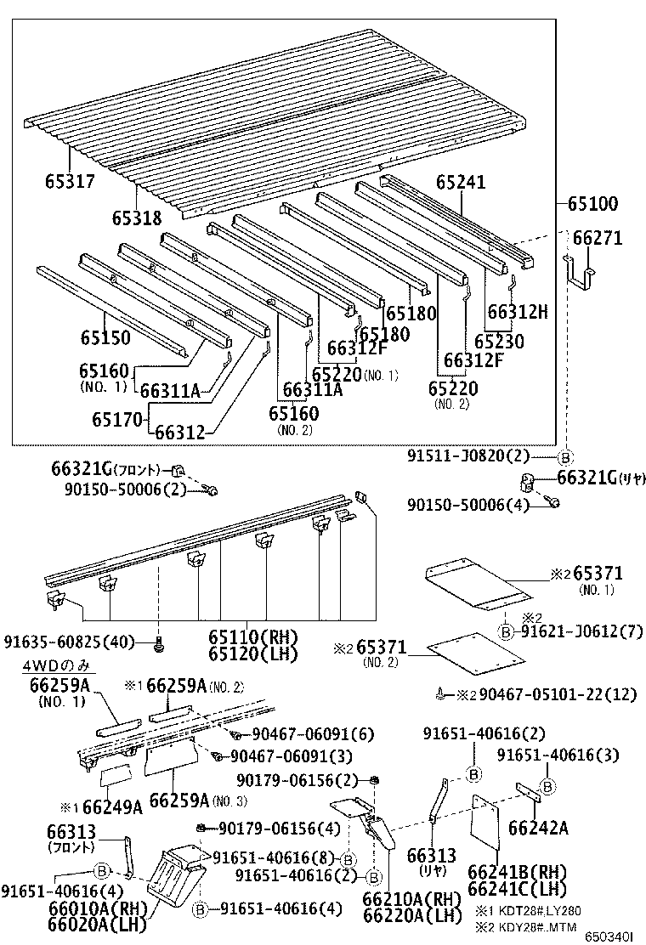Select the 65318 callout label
point(136,218)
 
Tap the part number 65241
point(462,182)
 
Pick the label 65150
point(105,338)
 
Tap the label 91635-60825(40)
point(76,642)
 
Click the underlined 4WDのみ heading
point(59,665)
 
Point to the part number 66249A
point(108,806)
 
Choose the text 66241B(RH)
point(517,873)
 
